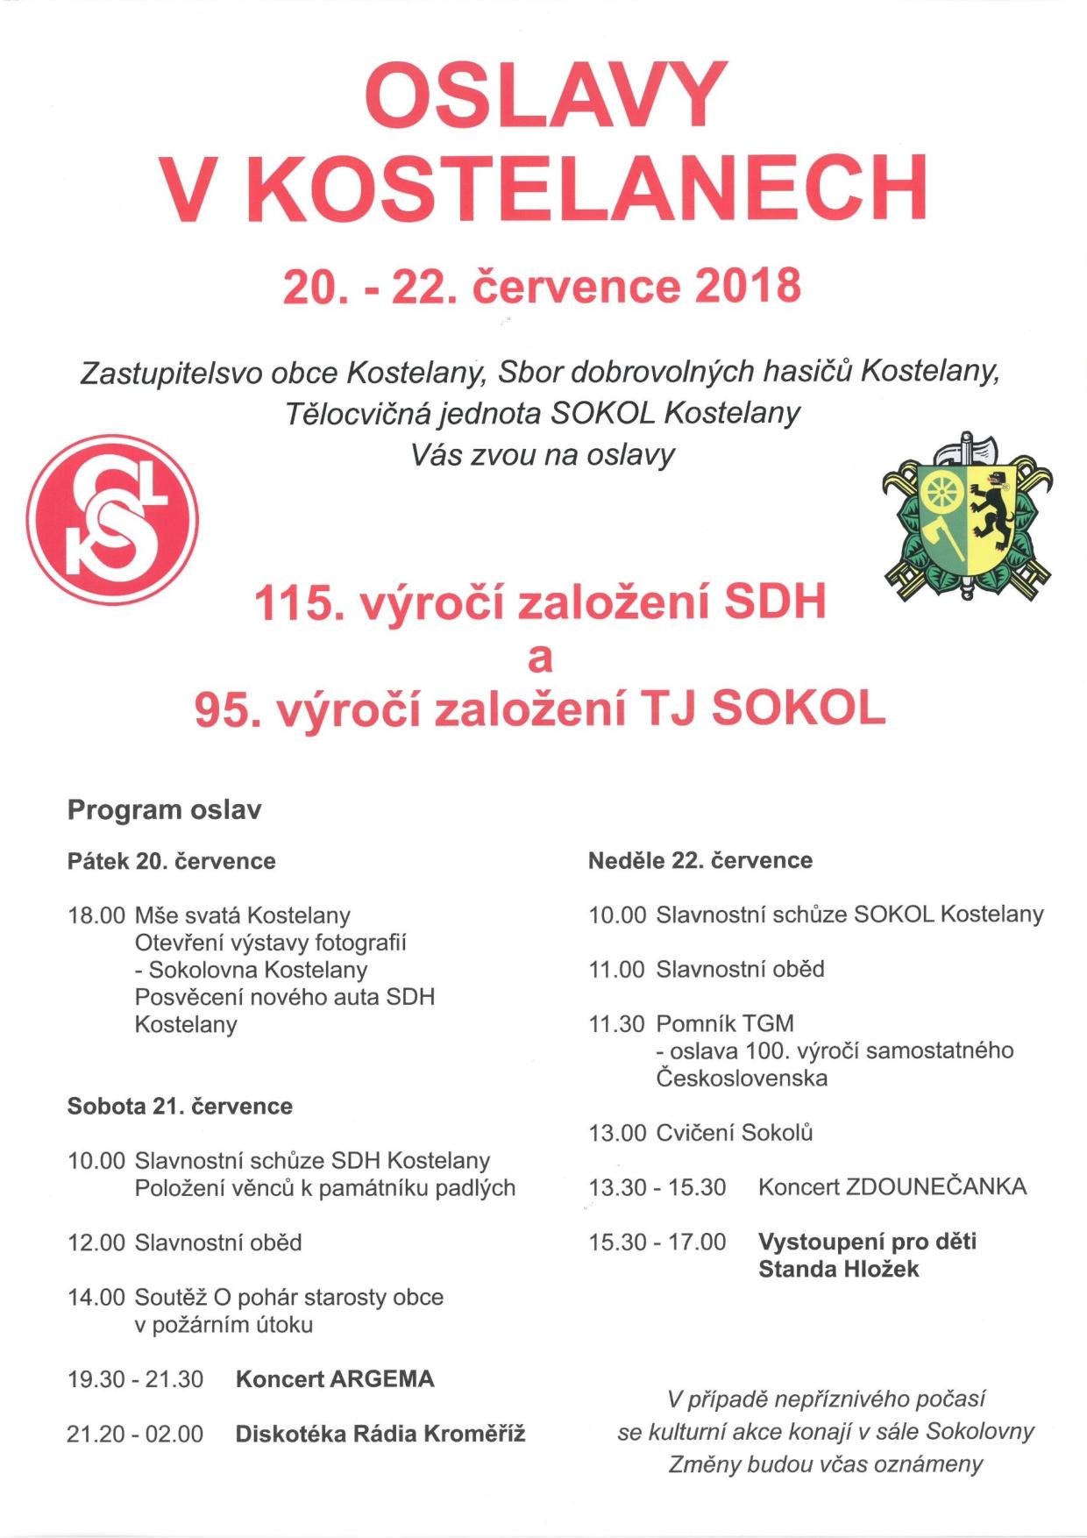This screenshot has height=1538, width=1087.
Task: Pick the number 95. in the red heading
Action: pos(227,709)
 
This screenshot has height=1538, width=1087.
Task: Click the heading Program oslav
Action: pos(164,809)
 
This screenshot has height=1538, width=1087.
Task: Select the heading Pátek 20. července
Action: pos(171,861)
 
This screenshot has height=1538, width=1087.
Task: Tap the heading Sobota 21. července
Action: pos(180,1106)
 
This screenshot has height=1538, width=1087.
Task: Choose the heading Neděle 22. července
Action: pos(700,860)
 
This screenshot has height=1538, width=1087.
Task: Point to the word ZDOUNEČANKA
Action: pos(935,1187)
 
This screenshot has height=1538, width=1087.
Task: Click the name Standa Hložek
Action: pos(838,1269)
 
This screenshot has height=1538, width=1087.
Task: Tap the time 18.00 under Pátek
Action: pos(96,915)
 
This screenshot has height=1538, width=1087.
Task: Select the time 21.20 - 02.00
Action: pos(135,1434)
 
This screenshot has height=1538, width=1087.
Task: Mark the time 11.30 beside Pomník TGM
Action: pos(616,1023)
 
